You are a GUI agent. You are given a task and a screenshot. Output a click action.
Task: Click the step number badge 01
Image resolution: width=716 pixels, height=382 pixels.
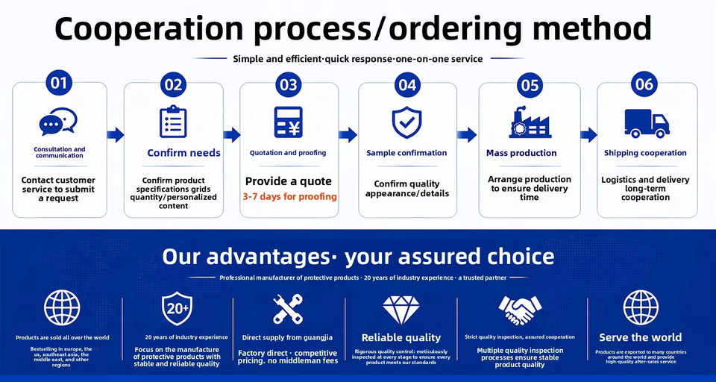(59, 83)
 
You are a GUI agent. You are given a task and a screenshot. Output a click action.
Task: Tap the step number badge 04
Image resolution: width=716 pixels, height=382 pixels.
(407, 84)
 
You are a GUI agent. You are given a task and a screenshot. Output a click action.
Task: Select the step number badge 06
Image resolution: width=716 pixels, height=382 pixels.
(644, 84)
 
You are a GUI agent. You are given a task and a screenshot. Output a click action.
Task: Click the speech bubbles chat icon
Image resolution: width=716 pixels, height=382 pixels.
(58, 121)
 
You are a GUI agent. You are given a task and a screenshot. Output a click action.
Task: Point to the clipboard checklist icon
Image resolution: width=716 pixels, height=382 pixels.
(173, 122)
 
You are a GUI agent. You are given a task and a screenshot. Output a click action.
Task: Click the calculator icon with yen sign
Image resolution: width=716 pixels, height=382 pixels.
(288, 122)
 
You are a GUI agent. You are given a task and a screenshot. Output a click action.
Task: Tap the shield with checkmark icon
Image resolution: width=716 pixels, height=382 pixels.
(407, 122)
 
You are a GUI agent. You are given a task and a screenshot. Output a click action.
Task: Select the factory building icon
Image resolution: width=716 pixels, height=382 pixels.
(530, 122)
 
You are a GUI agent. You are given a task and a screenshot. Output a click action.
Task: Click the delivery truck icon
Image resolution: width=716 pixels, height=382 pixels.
(647, 123)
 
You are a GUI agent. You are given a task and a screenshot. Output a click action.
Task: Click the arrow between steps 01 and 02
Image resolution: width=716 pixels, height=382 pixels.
(116, 135)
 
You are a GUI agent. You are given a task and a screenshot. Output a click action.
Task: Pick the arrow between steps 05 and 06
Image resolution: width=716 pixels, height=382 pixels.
(589, 135)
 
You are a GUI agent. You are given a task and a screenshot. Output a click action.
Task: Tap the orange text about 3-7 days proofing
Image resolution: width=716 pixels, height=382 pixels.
(290, 197)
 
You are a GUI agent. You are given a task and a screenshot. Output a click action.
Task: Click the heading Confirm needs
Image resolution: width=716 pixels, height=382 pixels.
(183, 153)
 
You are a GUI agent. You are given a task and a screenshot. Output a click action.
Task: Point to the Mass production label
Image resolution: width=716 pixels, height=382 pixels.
(521, 153)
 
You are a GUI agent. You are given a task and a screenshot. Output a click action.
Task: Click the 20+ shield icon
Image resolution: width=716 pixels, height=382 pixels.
(178, 308)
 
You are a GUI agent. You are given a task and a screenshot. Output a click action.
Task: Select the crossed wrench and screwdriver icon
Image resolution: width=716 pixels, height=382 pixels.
(288, 309)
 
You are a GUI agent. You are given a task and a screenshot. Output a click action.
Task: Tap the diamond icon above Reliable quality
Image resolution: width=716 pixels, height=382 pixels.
(401, 310)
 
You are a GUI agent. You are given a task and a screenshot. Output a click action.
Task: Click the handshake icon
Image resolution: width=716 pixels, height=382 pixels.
(520, 310)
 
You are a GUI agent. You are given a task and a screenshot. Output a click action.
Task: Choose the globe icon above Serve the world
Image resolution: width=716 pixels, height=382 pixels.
(641, 307)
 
